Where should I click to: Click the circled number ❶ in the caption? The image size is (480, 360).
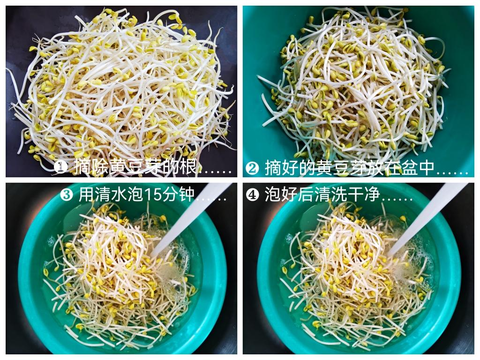[61, 167]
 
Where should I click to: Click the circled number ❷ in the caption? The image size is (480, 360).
[252, 168]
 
